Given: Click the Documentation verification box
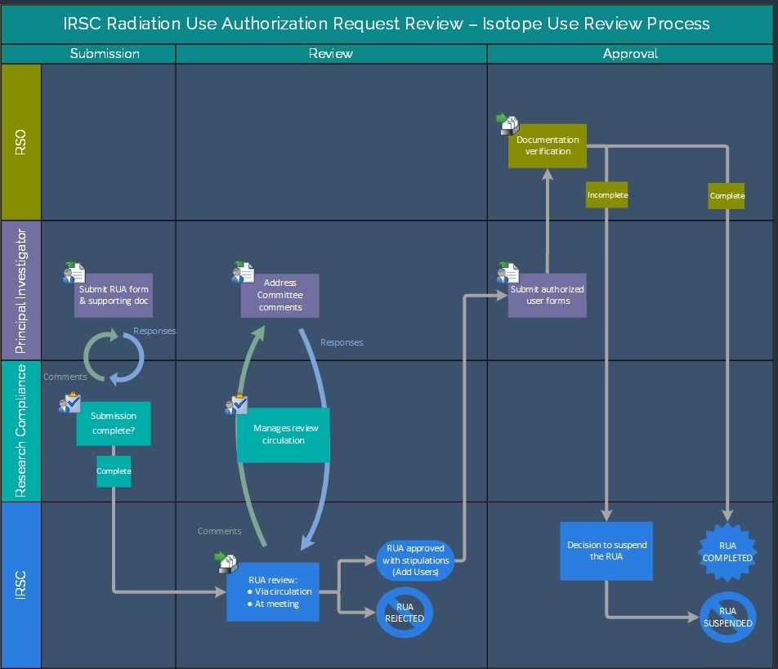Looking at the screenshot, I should click(x=548, y=146).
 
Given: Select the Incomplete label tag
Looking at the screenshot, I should click(x=607, y=195).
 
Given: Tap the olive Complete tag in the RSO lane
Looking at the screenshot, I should click(x=727, y=196).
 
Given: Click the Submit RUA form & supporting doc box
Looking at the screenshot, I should click(x=114, y=295).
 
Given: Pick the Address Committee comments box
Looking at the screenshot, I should click(x=280, y=295).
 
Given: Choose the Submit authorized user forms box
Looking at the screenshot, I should click(x=547, y=295).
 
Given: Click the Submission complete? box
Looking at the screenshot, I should click(x=114, y=423).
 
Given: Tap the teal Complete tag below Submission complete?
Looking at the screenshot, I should click(x=114, y=471).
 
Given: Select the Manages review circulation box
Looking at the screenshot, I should click(x=283, y=435).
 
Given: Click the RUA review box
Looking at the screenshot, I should click(x=273, y=591).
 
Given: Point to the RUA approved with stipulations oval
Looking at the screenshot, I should click(x=415, y=560).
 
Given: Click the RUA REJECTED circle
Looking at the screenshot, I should click(x=405, y=613).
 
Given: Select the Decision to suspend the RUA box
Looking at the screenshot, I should click(x=606, y=551).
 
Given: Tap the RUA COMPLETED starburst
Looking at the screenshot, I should click(x=727, y=551).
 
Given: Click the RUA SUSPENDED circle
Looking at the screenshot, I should click(x=727, y=617).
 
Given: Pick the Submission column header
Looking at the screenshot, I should click(x=105, y=54).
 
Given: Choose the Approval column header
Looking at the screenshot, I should click(x=630, y=54).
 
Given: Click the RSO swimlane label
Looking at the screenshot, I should click(x=20, y=141).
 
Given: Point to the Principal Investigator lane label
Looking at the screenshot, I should click(x=20, y=290).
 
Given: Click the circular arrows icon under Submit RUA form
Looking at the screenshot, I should click(x=114, y=356).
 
